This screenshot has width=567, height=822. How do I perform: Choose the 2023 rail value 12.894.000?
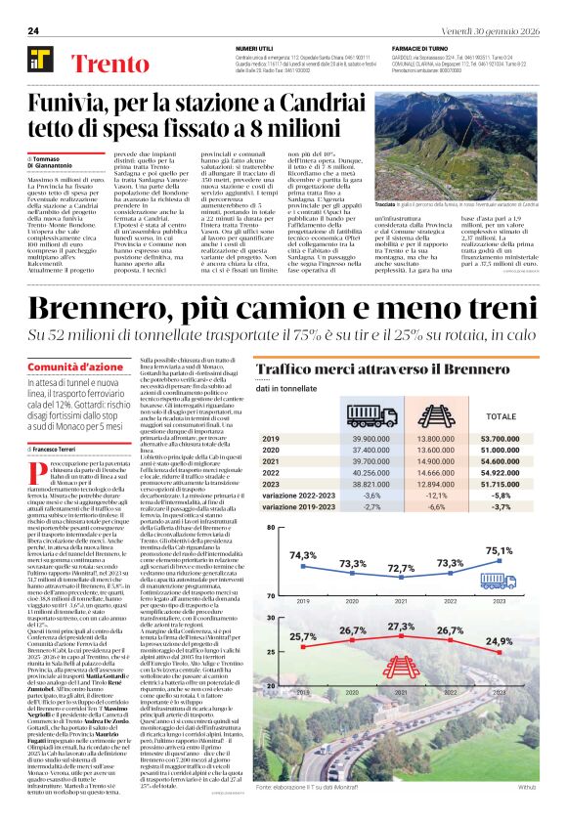click(435, 483)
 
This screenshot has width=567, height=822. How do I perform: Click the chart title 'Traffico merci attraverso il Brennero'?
click(371, 370)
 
